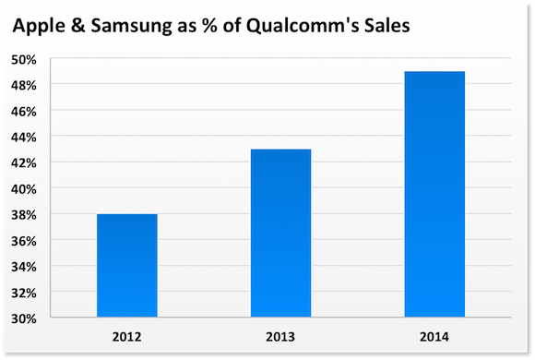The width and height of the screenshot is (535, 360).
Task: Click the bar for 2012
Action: point(126,266)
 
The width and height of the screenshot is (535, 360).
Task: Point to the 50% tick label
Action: point(50,59)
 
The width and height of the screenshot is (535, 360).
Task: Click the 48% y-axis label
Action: point(50,85)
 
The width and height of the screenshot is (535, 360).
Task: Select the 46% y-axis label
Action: point(50,111)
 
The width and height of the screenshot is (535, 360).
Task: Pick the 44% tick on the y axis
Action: point(50,137)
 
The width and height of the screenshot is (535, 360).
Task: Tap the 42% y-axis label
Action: point(50,162)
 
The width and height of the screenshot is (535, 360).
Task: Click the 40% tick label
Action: point(50,188)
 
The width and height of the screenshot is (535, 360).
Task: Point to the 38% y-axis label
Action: point(50,214)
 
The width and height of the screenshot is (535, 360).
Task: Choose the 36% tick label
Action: point(50,240)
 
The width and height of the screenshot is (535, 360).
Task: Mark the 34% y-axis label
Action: point(50,266)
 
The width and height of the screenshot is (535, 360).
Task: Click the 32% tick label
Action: point(50,292)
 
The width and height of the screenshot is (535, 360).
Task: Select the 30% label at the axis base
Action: point(50,318)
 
